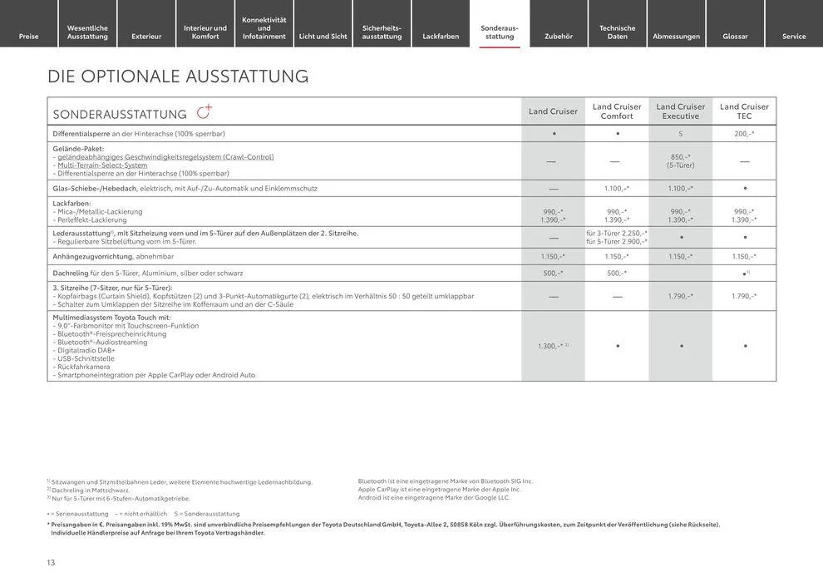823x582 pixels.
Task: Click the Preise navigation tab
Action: click(x=29, y=36)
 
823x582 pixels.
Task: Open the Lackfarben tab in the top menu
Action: click(x=441, y=36)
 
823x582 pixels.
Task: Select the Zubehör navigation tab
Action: click(x=558, y=36)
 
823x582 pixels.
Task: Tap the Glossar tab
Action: click(x=735, y=36)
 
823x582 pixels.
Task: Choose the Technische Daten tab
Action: click(x=617, y=32)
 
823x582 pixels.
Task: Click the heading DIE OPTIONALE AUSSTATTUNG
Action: click(x=178, y=76)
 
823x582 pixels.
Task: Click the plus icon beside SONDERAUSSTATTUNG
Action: click(x=205, y=112)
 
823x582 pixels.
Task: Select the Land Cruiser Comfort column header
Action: click(x=616, y=111)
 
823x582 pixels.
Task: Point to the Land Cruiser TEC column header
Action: click(x=744, y=111)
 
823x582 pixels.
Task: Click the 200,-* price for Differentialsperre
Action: click(x=744, y=134)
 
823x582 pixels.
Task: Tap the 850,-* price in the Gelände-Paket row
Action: click(x=680, y=156)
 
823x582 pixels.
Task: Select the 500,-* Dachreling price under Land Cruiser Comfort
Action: click(x=616, y=273)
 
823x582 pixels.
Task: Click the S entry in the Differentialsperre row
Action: click(x=680, y=134)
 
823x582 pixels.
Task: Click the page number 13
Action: click(x=51, y=563)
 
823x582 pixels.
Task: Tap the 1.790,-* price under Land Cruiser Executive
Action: click(x=680, y=296)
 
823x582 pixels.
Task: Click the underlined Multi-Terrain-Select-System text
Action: click(x=102, y=165)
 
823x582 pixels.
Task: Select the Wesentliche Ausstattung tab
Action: click(x=87, y=32)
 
